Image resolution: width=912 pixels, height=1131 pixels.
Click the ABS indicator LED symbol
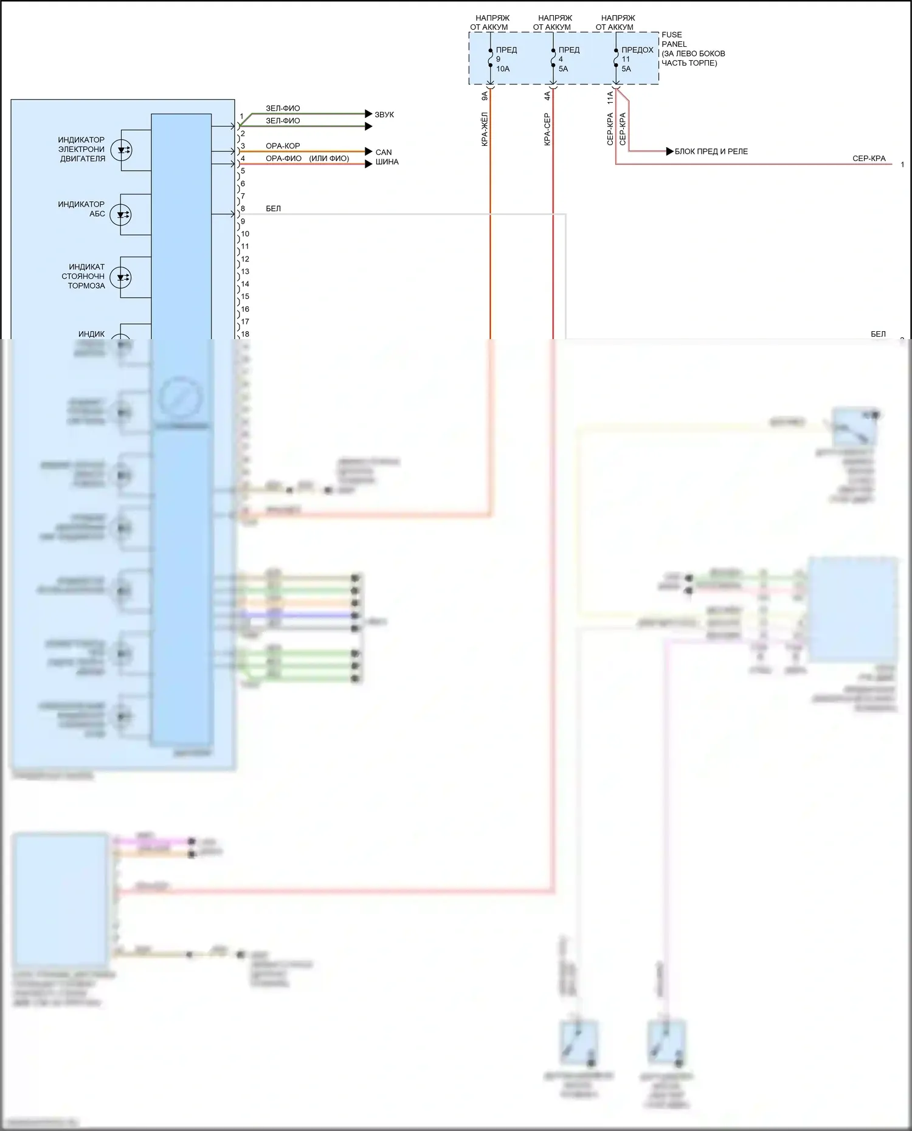click(x=121, y=215)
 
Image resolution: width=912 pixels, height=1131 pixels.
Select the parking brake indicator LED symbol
click(x=121, y=277)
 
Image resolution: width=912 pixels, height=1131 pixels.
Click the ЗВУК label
click(x=384, y=114)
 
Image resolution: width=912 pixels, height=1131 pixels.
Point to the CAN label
click(x=384, y=152)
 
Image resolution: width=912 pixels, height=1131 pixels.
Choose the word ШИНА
click(x=387, y=162)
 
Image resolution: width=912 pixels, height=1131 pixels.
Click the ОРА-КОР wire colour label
click(x=283, y=146)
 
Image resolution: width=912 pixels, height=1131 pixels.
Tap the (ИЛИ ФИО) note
click(x=329, y=158)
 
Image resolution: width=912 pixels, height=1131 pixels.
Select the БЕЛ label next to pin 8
click(x=273, y=208)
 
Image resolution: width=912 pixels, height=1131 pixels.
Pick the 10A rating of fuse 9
click(x=503, y=69)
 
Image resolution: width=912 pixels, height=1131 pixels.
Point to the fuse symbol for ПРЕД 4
click(x=553, y=59)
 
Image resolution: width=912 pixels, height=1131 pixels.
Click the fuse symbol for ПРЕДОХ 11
click(x=615, y=59)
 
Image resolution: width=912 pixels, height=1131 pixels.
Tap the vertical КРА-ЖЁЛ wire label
click(x=485, y=129)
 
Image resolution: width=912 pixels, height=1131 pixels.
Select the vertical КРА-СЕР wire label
click(x=547, y=129)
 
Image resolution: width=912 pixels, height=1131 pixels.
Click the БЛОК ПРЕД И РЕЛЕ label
click(x=711, y=151)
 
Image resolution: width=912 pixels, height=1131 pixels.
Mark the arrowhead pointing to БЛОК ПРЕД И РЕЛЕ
click(x=670, y=151)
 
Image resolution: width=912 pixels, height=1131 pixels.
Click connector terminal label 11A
click(x=610, y=98)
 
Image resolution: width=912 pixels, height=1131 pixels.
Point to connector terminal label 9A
click(x=485, y=96)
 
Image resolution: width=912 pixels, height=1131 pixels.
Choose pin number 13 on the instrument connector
click(x=245, y=272)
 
